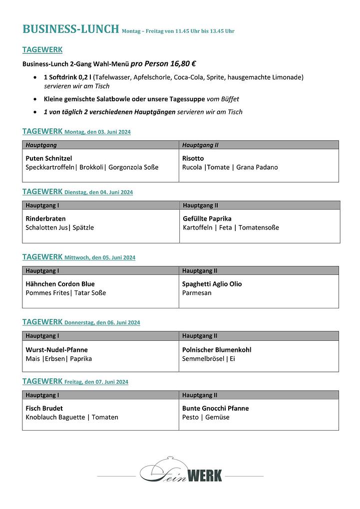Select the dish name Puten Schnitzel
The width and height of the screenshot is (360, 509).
[49, 158]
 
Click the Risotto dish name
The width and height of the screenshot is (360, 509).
[193, 158]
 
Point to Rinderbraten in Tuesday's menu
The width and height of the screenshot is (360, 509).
[45, 219]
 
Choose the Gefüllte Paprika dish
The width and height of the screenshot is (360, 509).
[207, 219]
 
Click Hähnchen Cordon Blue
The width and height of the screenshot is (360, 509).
[60, 284]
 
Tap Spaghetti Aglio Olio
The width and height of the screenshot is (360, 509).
[212, 284]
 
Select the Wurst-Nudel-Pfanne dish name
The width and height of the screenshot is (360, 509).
[56, 350]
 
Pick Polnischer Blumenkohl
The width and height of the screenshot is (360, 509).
[217, 350]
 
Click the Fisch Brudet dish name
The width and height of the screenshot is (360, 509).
[44, 408]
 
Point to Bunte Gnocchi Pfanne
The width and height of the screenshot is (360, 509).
[215, 408]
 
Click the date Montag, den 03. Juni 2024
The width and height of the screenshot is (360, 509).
[98, 132]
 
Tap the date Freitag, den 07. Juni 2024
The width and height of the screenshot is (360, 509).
[96, 382]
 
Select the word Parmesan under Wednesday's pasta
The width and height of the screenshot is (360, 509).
[197, 293]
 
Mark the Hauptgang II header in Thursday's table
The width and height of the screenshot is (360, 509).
[200, 336]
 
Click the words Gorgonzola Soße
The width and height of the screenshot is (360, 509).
[133, 167]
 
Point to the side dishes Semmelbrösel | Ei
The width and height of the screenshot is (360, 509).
[209, 359]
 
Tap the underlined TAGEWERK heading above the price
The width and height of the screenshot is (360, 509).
[42, 50]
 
